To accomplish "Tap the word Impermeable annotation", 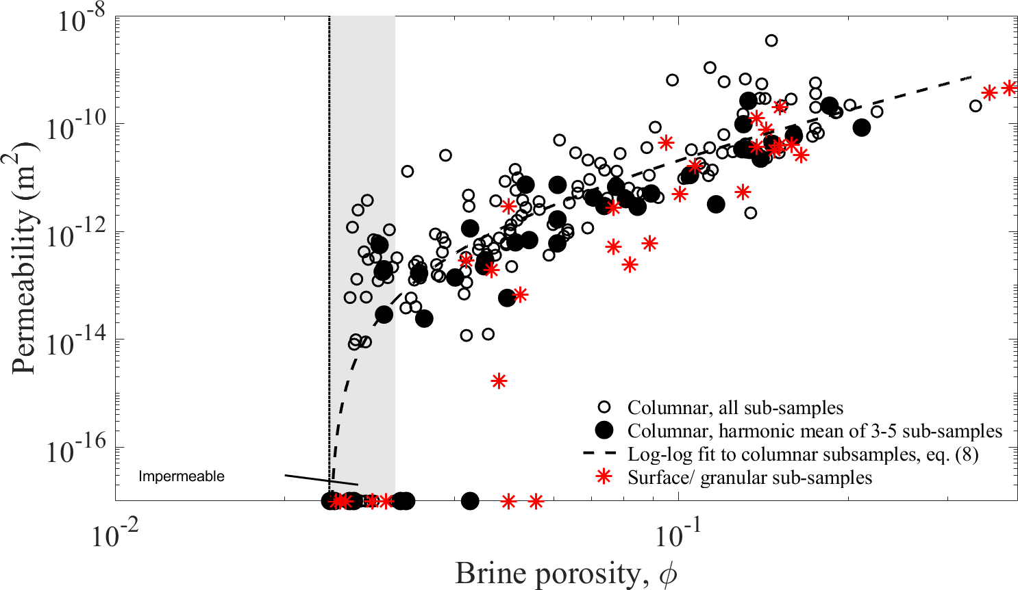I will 182,476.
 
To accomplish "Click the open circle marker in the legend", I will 604,407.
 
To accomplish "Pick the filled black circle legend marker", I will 604,431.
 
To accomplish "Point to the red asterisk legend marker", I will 604,478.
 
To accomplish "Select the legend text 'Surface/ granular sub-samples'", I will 749,478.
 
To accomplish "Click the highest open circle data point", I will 771,40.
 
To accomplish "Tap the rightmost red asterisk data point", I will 1009,88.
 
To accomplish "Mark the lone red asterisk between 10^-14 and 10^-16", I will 499,381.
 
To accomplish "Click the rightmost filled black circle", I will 861,127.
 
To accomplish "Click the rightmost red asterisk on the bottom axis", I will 536,501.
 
